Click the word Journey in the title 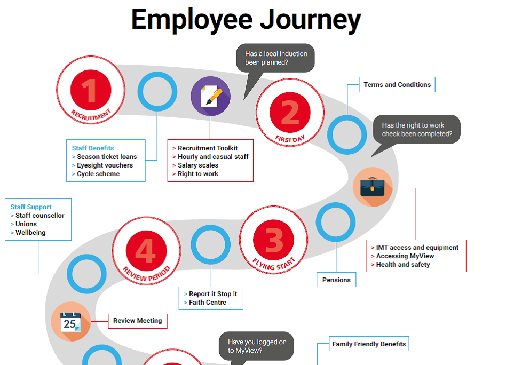pyautogui.click(x=310, y=20)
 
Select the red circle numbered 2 pyautogui.click(x=290, y=112)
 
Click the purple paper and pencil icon pyautogui.click(x=210, y=97)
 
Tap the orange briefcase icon pyautogui.click(x=373, y=187)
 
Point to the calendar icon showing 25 pyautogui.click(x=70, y=322)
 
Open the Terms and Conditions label pyautogui.click(x=397, y=85)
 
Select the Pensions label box pyautogui.click(x=336, y=280)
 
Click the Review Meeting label pyautogui.click(x=138, y=321)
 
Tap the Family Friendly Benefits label pyautogui.click(x=369, y=344)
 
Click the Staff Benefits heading pyautogui.click(x=93, y=148)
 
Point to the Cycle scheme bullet pyautogui.click(x=98, y=174)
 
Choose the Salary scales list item pyautogui.click(x=197, y=165)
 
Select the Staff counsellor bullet pyautogui.click(x=39, y=216)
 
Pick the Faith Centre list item pyautogui.click(x=207, y=303)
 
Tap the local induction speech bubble pyautogui.click(x=276, y=58)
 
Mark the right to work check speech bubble pyautogui.click(x=416, y=130)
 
